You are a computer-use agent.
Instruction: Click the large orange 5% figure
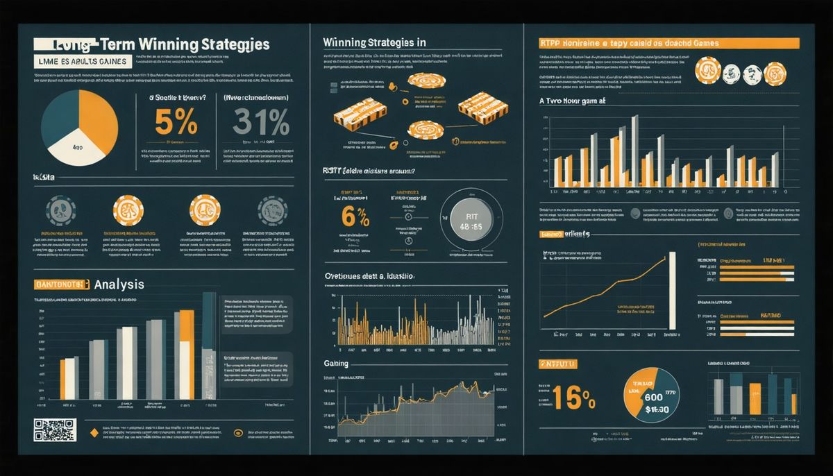[176, 124]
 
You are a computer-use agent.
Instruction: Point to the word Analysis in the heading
[119, 284]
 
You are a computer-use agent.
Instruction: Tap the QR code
[53, 430]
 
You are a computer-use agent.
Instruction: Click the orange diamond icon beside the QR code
[92, 433]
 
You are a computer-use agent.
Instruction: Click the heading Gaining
[336, 364]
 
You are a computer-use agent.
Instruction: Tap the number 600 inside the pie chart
[653, 398]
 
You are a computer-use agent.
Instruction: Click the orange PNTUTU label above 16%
[557, 364]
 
